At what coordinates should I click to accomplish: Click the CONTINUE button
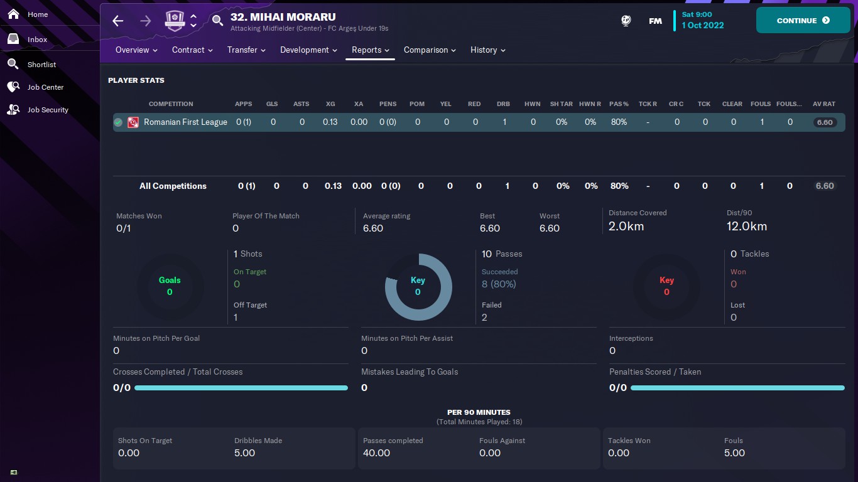click(803, 21)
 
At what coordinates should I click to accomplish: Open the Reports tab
click(370, 50)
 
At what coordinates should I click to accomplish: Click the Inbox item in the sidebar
click(37, 40)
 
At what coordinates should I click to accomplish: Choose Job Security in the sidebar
click(47, 110)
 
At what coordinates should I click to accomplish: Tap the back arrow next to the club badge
click(118, 21)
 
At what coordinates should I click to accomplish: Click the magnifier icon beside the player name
click(217, 21)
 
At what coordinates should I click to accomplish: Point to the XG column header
click(330, 104)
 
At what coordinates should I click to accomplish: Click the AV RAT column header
click(824, 104)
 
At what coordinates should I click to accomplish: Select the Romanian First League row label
click(185, 122)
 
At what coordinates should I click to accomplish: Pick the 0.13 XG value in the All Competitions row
click(333, 186)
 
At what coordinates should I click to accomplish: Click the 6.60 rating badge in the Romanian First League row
click(824, 122)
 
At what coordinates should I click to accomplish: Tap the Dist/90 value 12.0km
click(746, 227)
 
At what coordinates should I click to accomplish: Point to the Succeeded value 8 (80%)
click(499, 284)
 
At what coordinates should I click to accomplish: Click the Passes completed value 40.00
click(376, 453)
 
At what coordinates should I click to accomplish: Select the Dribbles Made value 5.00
click(244, 453)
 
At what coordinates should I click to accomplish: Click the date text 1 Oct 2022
click(703, 26)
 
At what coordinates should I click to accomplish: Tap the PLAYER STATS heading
click(136, 80)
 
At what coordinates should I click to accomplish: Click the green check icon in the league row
click(118, 122)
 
